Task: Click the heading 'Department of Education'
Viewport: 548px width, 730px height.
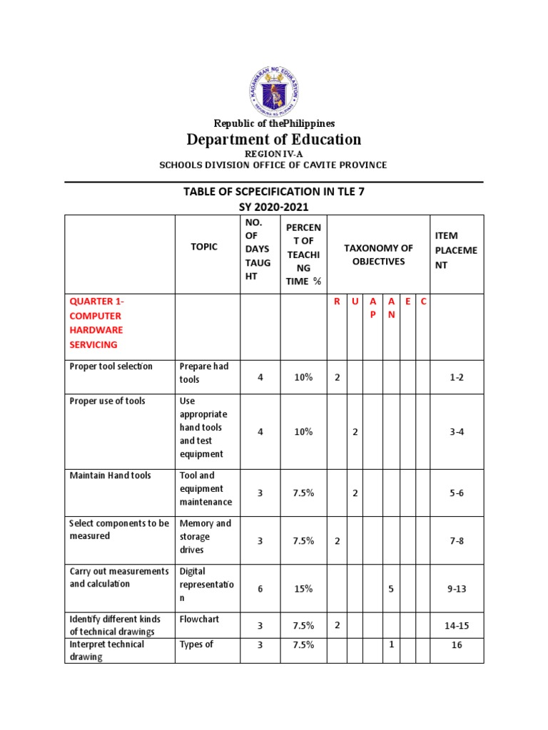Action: pos(274,139)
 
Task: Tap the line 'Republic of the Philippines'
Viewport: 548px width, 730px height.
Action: pos(274,123)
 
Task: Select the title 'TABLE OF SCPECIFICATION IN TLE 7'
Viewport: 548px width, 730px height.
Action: pos(274,192)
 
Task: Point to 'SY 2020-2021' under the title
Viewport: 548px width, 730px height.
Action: pos(274,207)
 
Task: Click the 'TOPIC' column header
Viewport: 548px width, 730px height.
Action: pos(205,247)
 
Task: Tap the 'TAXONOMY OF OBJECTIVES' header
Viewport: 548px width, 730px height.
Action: pos(378,255)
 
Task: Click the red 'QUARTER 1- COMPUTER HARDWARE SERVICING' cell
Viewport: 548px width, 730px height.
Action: pos(96,323)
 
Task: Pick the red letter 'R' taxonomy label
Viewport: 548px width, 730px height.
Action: pos(337,302)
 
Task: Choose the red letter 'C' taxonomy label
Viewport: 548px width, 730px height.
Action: pos(423,302)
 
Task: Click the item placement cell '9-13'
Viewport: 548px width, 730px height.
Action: pos(457,590)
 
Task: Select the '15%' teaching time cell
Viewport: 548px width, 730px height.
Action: pos(303,590)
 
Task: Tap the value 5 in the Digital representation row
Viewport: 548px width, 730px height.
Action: pos(391,590)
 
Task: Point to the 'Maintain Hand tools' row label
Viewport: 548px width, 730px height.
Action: pos(110,475)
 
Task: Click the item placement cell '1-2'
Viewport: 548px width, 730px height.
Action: pos(457,377)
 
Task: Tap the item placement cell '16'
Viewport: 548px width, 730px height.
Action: pos(457,644)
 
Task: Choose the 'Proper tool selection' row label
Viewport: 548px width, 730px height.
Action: pos(111,366)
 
